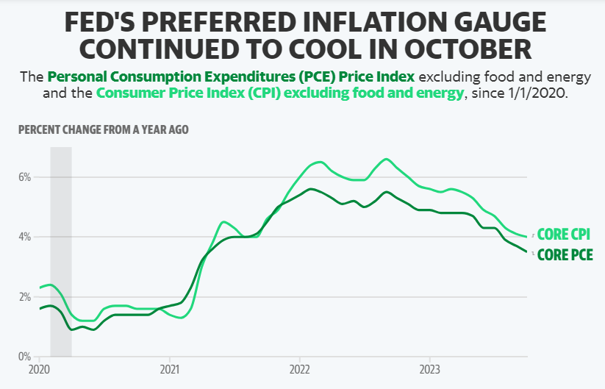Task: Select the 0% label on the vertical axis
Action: pos(26,357)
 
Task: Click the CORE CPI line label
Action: pos(564,235)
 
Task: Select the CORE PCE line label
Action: pos(565,255)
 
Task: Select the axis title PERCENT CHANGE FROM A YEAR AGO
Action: pos(103,130)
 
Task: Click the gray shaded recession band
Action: pos(61,250)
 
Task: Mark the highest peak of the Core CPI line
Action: pos(386,159)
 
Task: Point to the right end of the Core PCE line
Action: pos(526,251)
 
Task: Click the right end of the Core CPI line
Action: pos(526,237)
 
